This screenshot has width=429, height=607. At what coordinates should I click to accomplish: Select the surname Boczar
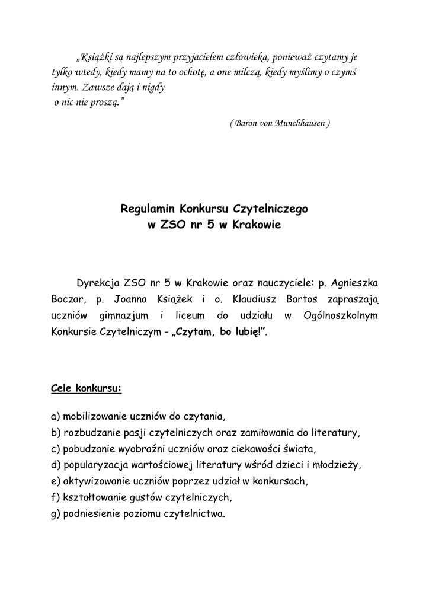[x=68, y=298]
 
